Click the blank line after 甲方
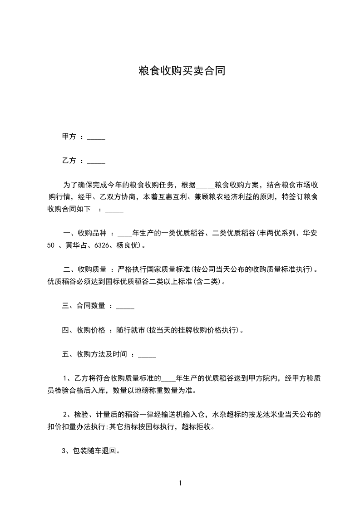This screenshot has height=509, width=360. [96, 137]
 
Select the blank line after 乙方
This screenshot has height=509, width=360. [96, 161]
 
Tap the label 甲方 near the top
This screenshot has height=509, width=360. [69, 137]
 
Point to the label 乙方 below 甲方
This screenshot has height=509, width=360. [69, 161]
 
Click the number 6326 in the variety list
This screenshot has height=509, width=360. [101, 246]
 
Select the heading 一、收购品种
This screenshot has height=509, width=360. [84, 234]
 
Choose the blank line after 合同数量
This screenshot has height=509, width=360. [125, 306]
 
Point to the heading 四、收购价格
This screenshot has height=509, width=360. [84, 330]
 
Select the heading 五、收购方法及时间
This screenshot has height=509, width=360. [94, 354]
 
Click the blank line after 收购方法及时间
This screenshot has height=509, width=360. [147, 354]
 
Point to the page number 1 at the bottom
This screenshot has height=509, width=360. [180, 484]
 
